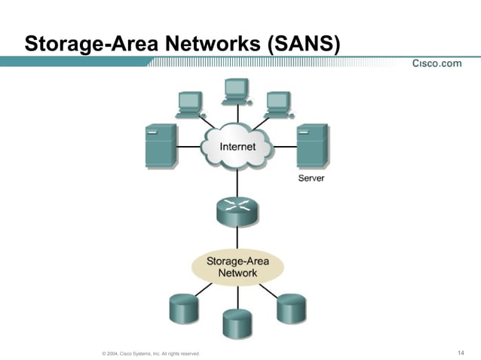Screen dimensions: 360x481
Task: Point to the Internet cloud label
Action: tap(237, 146)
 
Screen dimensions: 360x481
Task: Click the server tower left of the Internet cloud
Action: tap(161, 145)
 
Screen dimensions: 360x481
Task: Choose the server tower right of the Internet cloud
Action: tap(312, 146)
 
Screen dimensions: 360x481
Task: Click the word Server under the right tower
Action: tap(311, 178)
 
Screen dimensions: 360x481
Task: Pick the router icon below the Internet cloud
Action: tap(237, 211)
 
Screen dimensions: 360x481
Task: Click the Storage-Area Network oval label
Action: tap(237, 267)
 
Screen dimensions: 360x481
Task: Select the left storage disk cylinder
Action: tap(183, 309)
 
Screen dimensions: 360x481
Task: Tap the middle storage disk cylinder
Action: tap(237, 323)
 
